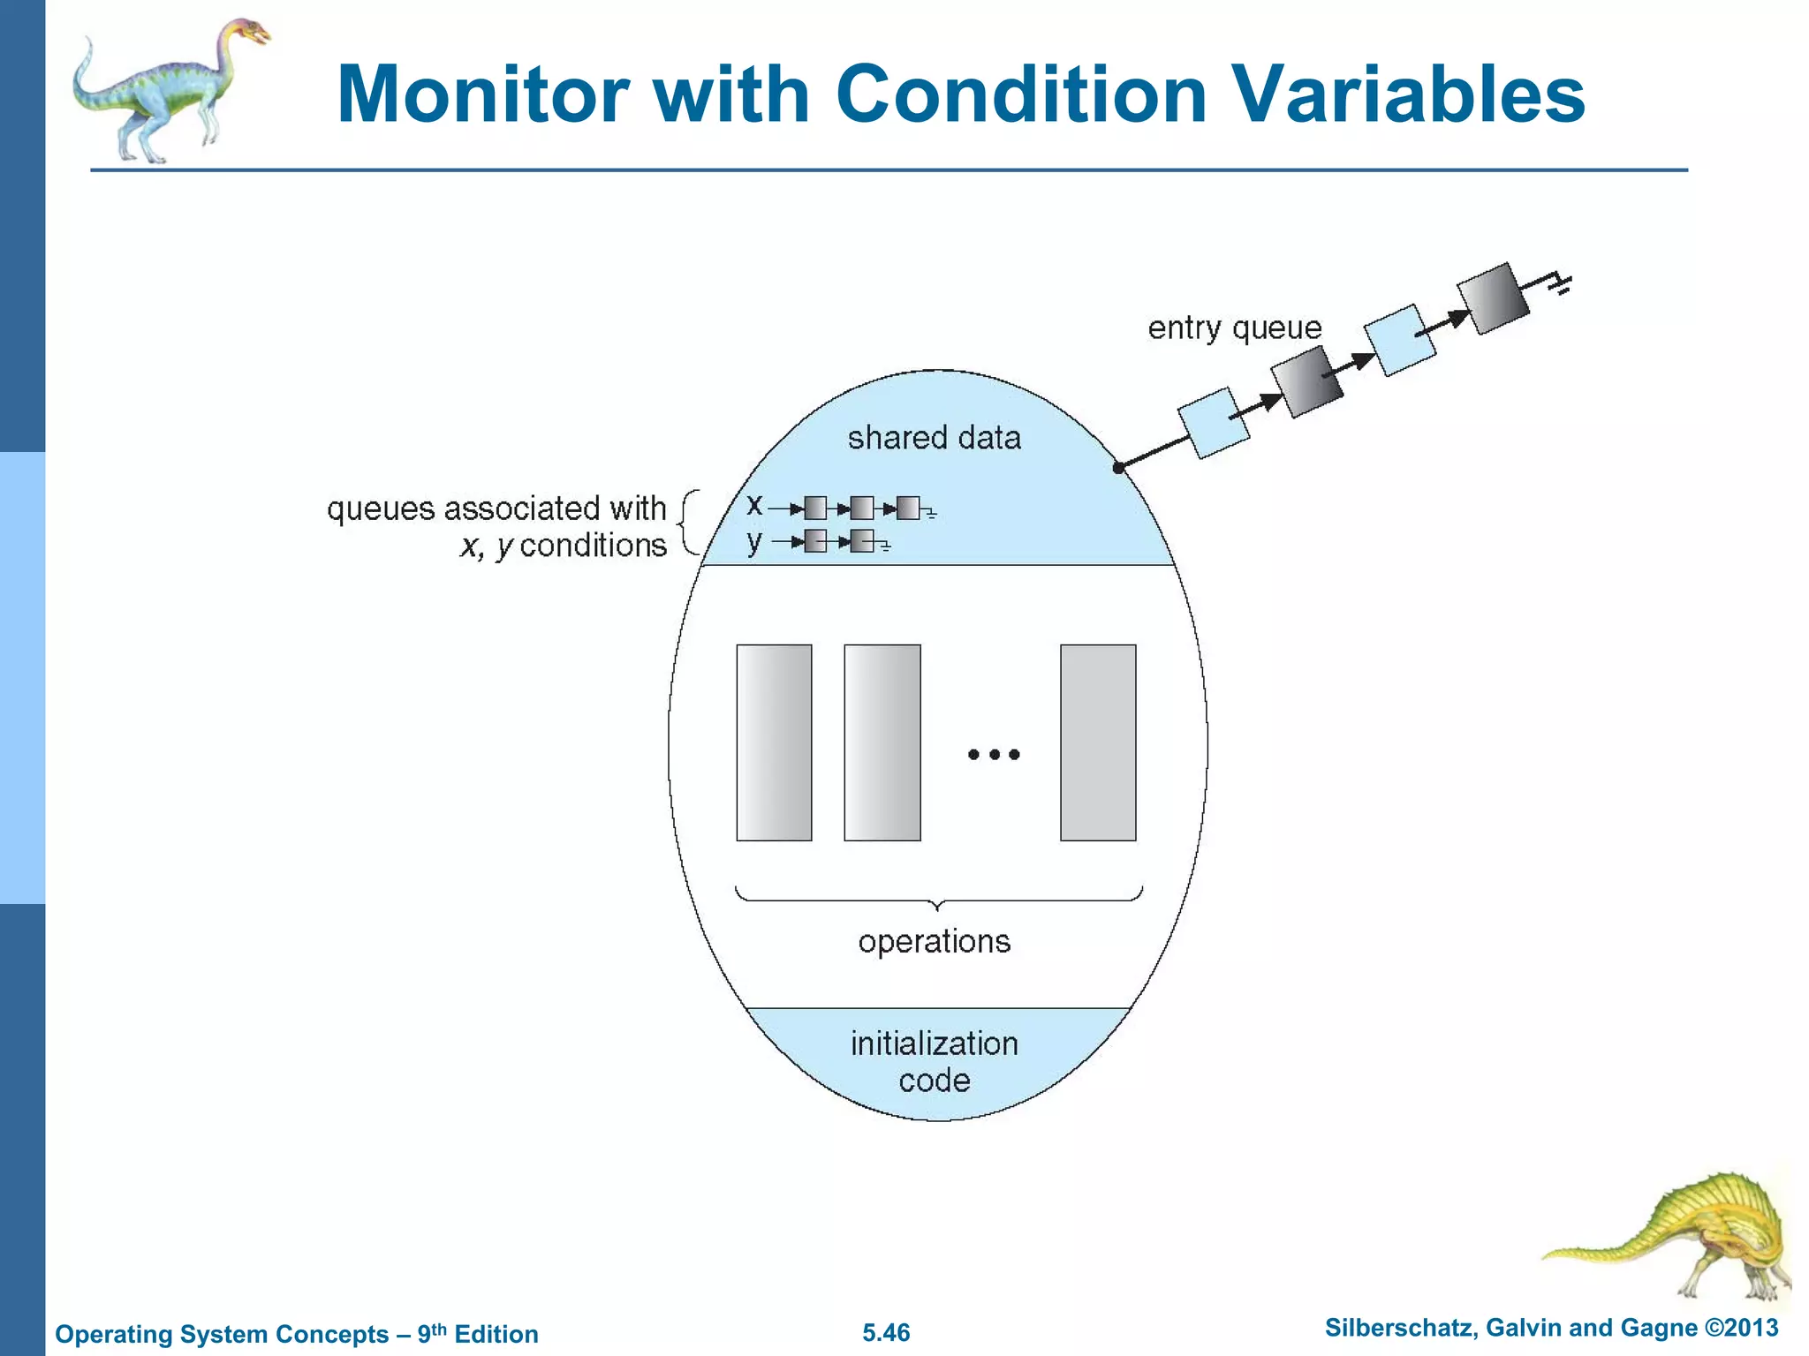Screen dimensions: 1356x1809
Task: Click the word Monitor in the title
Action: click(484, 94)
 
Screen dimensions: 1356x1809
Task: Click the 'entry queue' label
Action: click(1234, 328)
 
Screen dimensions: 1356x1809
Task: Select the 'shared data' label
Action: click(934, 438)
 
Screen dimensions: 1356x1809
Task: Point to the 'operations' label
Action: click(934, 941)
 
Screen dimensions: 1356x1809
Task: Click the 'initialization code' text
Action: click(934, 1062)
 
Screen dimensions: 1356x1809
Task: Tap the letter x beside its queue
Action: click(753, 505)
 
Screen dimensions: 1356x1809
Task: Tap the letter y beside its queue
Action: click(753, 540)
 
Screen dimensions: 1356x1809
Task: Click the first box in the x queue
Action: click(815, 508)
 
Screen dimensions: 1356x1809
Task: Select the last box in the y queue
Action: click(862, 541)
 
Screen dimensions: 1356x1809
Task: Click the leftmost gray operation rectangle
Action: click(774, 742)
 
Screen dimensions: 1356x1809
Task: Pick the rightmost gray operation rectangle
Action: click(1098, 742)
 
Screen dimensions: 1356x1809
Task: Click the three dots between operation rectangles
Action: click(994, 754)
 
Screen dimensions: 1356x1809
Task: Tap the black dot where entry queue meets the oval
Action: click(1118, 468)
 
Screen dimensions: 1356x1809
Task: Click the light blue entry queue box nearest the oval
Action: click(1214, 423)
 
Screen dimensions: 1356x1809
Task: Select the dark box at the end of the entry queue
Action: click(1493, 298)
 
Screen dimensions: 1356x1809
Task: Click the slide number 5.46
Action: click(886, 1332)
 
